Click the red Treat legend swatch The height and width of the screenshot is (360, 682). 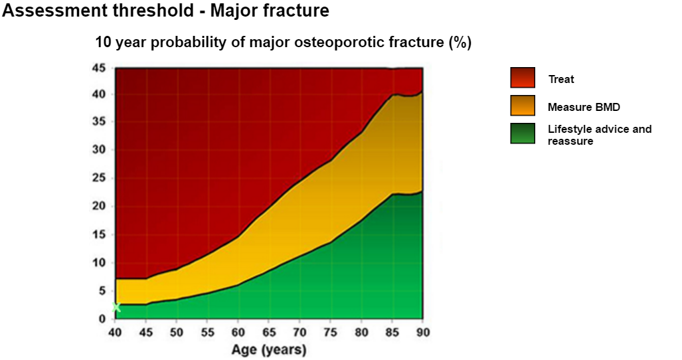(x=523, y=78)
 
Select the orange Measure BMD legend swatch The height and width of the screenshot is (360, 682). (x=523, y=106)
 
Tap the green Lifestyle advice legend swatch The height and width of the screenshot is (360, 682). (x=523, y=134)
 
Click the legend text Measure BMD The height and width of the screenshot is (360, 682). (x=584, y=107)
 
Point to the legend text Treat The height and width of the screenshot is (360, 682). (x=561, y=79)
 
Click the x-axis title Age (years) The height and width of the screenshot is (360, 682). (x=269, y=349)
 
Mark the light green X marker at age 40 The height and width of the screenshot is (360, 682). (x=116, y=308)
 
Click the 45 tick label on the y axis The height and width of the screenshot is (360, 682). (x=99, y=68)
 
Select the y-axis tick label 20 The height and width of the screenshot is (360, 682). (x=99, y=206)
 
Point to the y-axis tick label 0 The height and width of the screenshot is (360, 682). (x=102, y=319)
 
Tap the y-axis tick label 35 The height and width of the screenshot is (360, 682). (x=99, y=122)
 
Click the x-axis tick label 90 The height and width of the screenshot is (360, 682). (x=423, y=333)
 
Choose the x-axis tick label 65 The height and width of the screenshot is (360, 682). (x=269, y=333)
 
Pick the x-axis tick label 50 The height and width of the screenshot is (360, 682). (x=176, y=333)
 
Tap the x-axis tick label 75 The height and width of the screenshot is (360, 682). (x=331, y=333)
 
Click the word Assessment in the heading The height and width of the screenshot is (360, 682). (x=55, y=10)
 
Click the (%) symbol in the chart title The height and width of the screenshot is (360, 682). (x=460, y=43)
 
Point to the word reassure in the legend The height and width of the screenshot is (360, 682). (x=570, y=141)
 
